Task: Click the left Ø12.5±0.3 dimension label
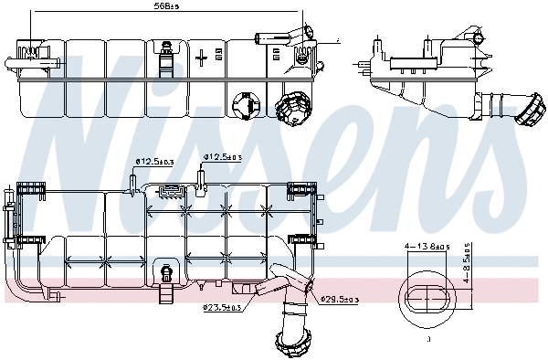click(153, 162)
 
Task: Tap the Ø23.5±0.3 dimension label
click(222, 308)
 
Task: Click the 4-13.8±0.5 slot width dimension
click(425, 247)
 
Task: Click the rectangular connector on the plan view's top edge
click(170, 191)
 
